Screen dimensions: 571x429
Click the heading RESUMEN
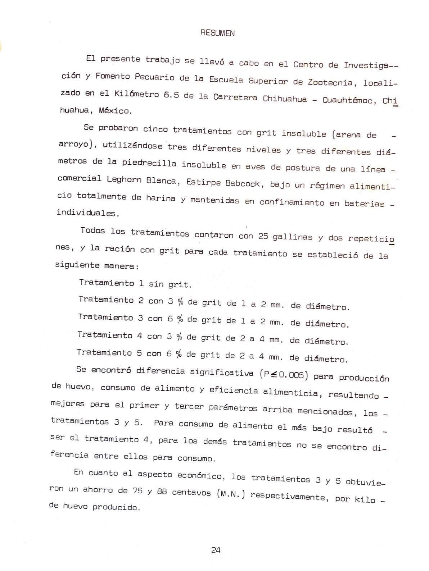click(x=217, y=33)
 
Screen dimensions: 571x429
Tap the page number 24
click(x=216, y=550)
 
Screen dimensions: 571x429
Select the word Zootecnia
click(x=330, y=82)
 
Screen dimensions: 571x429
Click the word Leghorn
click(x=124, y=180)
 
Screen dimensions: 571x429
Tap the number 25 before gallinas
click(x=263, y=236)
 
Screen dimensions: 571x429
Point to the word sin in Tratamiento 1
click(x=156, y=284)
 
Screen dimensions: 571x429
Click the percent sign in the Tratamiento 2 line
click(x=180, y=302)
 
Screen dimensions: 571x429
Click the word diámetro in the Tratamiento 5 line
click(x=326, y=358)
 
